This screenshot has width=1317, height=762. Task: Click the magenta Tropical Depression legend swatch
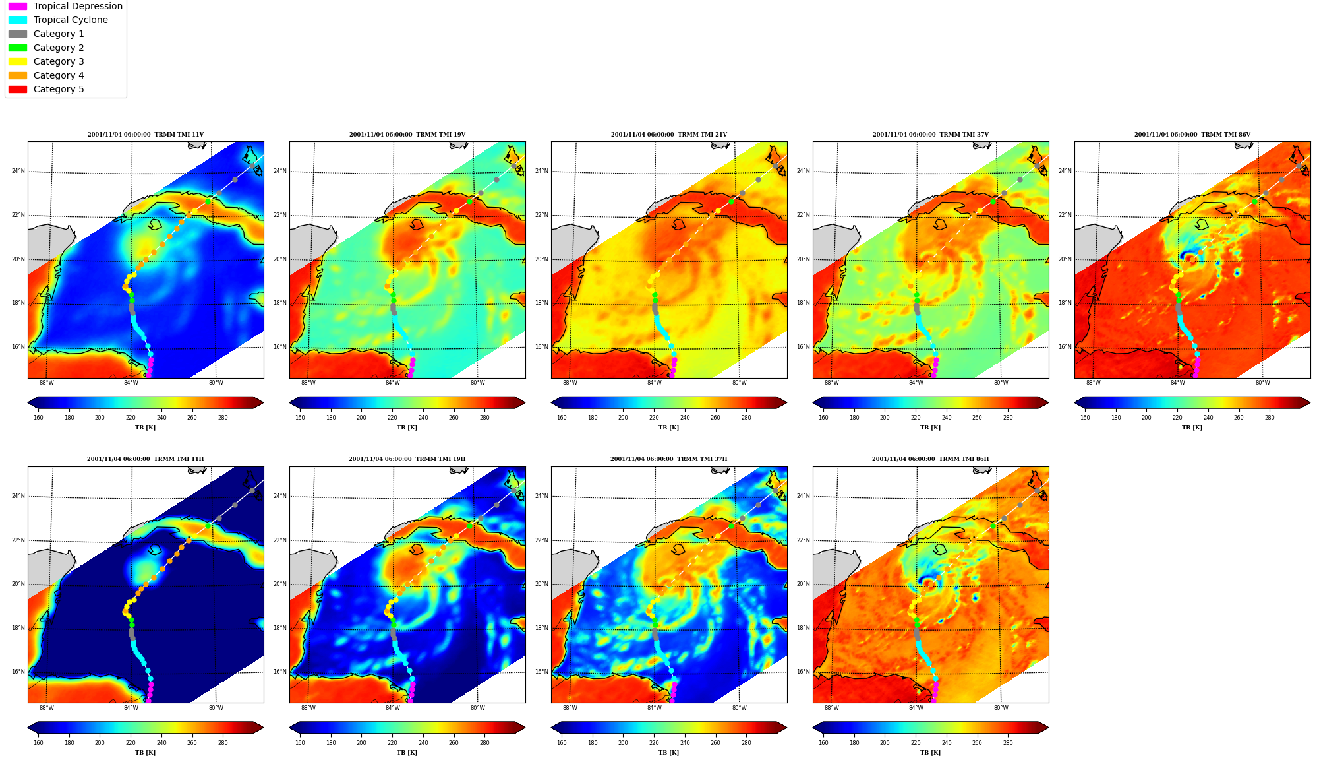[x=18, y=6]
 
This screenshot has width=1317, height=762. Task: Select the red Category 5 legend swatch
[x=18, y=89]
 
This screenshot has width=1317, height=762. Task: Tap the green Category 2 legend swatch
[x=18, y=48]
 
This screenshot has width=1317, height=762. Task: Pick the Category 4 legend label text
[x=59, y=75]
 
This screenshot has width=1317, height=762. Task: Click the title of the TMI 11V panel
[x=146, y=135]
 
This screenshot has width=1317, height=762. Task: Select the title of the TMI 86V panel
[x=1192, y=135]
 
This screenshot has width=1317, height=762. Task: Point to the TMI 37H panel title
[x=669, y=459]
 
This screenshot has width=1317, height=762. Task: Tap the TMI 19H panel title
[x=407, y=459]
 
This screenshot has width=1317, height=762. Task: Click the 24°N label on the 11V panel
[x=18, y=171]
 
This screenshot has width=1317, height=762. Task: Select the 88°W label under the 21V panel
[x=570, y=383]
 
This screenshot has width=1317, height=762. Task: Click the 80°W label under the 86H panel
[x=1001, y=708]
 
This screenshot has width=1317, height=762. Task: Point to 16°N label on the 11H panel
[x=18, y=672]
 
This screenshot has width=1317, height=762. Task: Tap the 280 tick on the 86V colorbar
[x=1270, y=418]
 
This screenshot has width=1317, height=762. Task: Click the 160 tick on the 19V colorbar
[x=300, y=418]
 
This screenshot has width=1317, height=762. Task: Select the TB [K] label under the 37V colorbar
[x=931, y=428]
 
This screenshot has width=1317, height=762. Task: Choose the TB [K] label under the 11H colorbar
[x=146, y=753]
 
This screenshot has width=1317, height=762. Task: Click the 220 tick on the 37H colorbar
[x=654, y=743]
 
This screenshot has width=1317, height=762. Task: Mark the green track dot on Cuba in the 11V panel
[x=208, y=201]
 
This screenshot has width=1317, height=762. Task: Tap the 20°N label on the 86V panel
[x=1065, y=259]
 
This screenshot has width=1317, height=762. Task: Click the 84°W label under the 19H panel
[x=393, y=708]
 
